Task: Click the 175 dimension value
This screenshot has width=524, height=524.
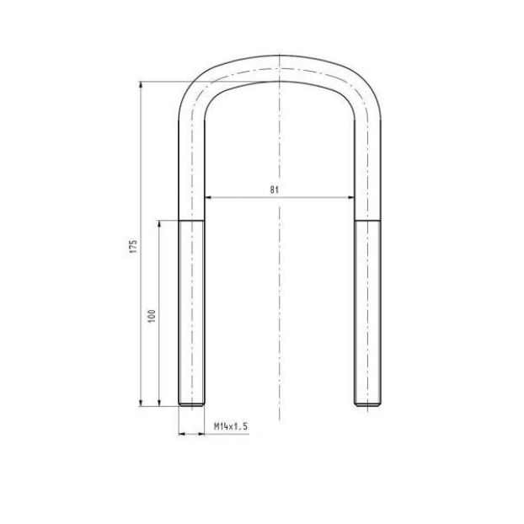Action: pos(133,246)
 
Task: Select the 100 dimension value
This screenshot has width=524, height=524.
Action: pos(152,316)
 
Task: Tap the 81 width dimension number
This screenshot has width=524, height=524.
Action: pos(274,190)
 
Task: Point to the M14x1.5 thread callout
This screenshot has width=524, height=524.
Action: pos(231,426)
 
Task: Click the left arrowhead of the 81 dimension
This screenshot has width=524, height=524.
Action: pos(208,197)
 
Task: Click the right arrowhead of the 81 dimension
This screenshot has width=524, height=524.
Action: pos(351,197)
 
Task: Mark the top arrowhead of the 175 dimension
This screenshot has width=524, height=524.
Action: pos(141,85)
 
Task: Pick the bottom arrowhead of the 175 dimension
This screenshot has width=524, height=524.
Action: pos(141,403)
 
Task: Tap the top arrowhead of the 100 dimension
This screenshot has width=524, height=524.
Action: pos(159,224)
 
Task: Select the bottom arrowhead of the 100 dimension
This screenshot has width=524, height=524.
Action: pos(159,403)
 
